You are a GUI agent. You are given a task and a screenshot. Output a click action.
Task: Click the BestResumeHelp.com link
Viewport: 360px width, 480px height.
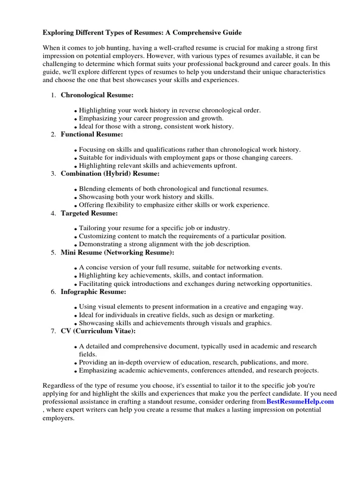coord(300,402)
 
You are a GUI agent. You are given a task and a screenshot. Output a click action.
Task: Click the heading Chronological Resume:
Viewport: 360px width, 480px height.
coord(97,95)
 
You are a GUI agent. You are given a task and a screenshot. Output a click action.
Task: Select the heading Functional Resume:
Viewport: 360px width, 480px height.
coord(92,135)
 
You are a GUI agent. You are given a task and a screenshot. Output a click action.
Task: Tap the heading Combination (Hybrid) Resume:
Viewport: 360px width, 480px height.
coord(110,174)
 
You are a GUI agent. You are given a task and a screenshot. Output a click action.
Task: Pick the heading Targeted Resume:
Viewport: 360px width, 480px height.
coord(89,213)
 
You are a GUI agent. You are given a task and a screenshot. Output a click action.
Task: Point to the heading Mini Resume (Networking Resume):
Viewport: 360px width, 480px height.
coord(117,253)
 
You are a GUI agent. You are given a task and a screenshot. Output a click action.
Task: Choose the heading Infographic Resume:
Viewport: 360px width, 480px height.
coord(93,292)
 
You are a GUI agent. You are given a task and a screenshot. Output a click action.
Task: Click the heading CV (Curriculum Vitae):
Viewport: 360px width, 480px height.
coord(98,331)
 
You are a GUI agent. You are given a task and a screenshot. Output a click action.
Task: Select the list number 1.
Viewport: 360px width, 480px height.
coord(53,96)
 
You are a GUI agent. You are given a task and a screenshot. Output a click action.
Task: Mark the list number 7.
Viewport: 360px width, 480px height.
coord(53,332)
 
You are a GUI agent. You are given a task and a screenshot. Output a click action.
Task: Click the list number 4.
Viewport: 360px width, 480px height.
coord(53,214)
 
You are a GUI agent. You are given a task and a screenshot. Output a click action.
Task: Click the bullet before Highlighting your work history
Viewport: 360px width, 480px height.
coord(75,111)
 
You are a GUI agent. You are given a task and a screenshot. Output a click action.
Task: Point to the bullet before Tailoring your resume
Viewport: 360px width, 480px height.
coord(75,229)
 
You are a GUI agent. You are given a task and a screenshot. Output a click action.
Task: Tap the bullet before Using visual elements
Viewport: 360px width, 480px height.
coord(75,308)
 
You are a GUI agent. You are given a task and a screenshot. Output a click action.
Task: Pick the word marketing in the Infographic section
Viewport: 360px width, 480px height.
coord(258,315)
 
